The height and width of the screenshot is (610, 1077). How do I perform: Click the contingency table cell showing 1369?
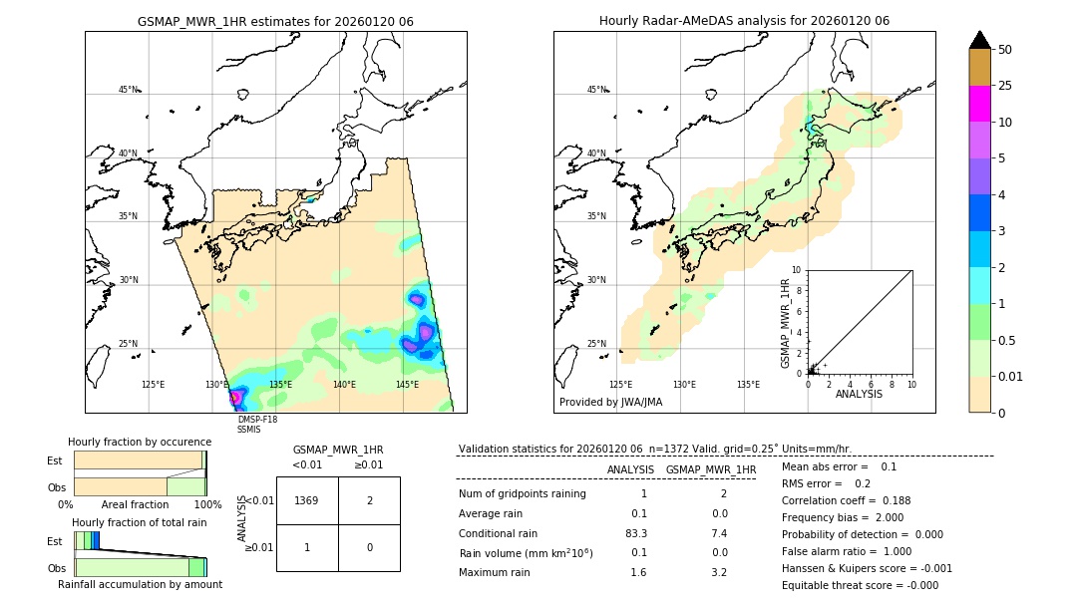[x=307, y=500]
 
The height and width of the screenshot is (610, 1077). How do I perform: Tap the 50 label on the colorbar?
[x=1005, y=49]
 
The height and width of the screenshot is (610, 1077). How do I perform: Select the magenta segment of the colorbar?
[x=979, y=104]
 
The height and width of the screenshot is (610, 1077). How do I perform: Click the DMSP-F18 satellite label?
[x=257, y=420]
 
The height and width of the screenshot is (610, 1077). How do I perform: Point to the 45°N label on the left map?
[x=129, y=90]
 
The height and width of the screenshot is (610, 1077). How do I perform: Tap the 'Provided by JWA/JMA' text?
[x=610, y=402]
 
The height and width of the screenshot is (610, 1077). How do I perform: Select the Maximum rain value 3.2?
[x=718, y=572]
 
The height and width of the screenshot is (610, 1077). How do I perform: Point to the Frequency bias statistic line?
[x=843, y=517]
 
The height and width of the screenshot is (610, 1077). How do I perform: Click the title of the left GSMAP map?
[x=275, y=21]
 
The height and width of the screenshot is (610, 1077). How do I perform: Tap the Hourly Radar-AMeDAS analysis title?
[x=744, y=21]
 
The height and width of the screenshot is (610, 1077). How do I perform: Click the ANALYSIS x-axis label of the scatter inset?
[x=860, y=394]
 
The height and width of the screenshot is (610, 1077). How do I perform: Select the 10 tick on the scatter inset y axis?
[x=797, y=269]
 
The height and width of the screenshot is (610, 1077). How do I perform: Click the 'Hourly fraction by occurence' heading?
[x=140, y=442]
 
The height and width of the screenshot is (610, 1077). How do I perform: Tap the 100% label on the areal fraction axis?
[x=206, y=505]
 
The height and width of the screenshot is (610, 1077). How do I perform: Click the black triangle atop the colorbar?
[x=979, y=39]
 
